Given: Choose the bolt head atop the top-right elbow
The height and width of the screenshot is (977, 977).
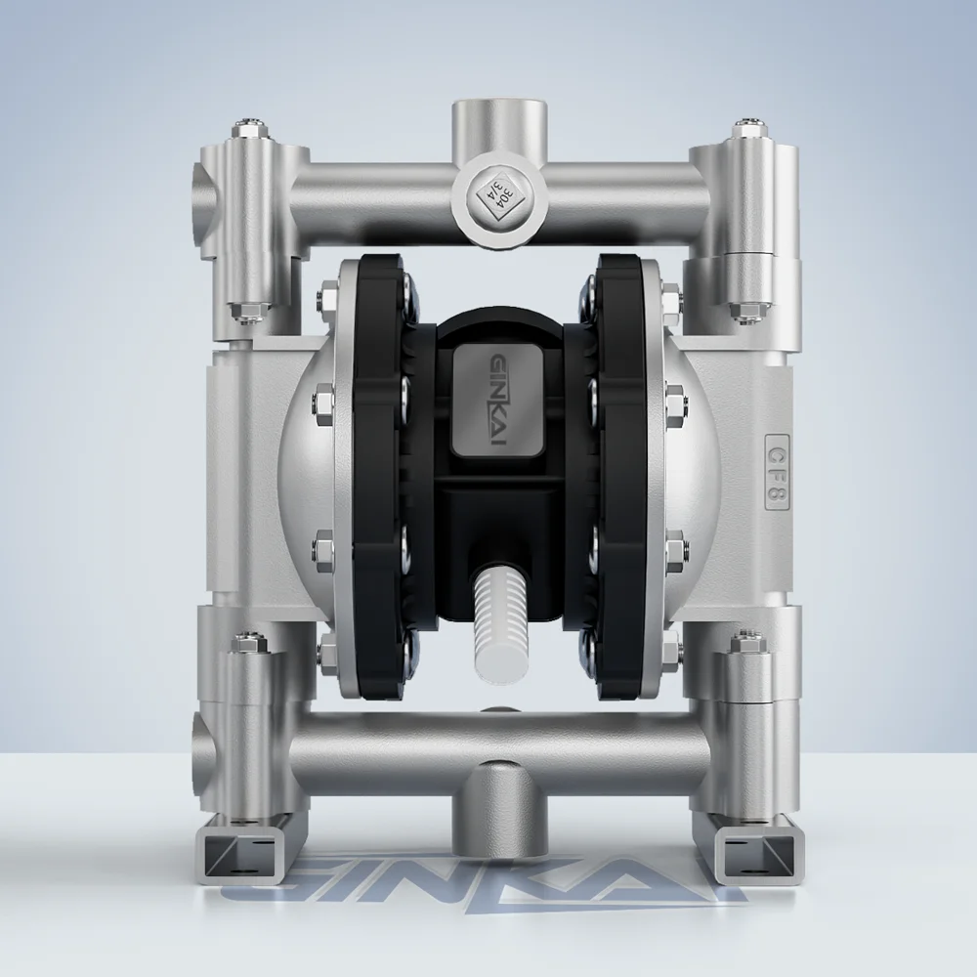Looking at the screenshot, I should tap(745, 130).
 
